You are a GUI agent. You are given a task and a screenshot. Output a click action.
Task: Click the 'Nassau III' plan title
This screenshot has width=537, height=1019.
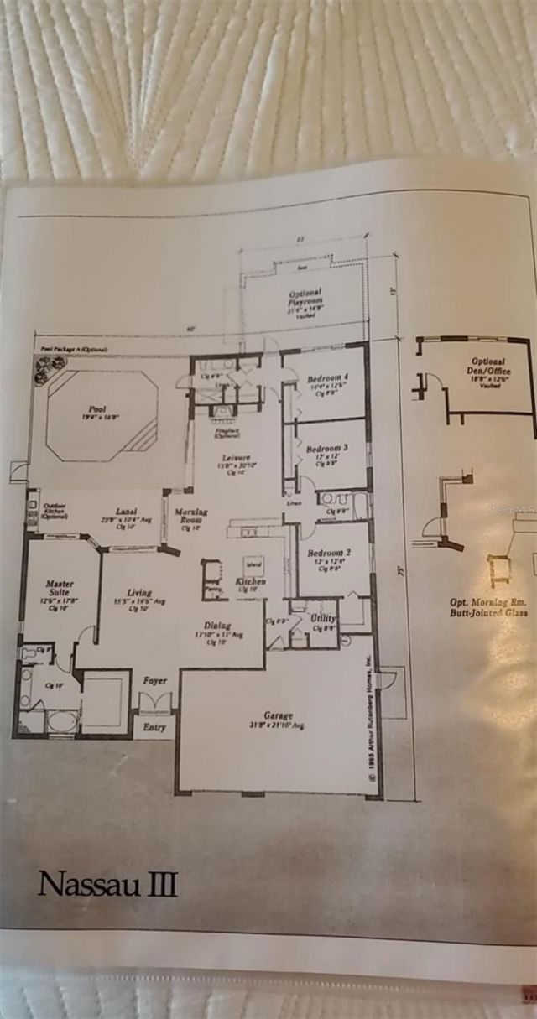107,884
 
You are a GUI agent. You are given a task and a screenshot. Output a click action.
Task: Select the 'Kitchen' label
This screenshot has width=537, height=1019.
251,581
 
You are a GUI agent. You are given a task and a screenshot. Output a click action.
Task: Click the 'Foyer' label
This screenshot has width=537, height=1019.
154,681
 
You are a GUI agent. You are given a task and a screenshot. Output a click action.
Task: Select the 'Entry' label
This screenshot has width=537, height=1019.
154,727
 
